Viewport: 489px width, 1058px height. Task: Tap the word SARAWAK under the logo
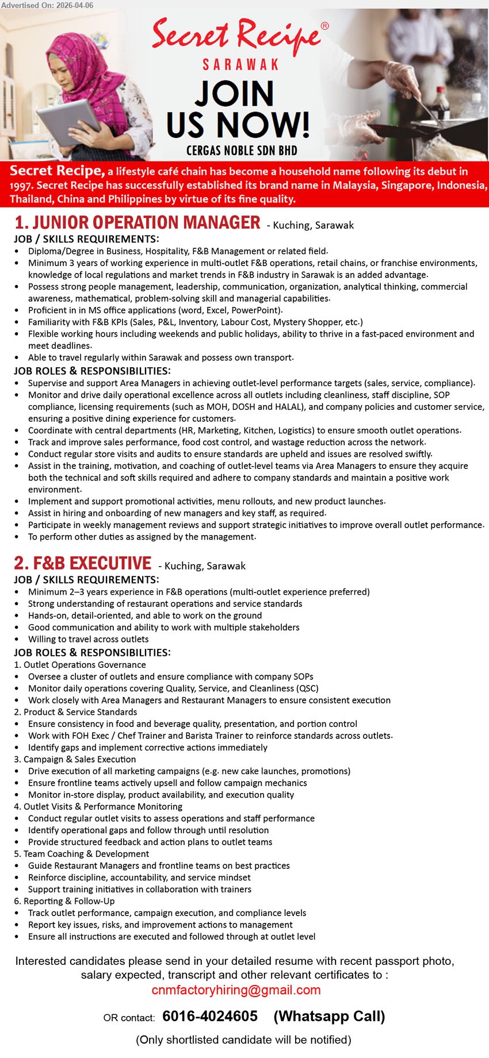point(240,64)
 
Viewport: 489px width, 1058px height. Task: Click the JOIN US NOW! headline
point(238,109)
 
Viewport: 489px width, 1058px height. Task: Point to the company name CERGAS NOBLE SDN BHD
point(242,151)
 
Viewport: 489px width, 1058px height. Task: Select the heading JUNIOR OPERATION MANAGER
point(138,222)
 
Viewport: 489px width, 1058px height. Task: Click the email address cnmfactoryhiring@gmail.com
point(236,990)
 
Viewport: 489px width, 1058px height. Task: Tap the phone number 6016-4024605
point(210,1016)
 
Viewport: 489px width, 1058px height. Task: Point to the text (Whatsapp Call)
point(329,1016)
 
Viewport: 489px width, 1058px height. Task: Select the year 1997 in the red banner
point(21,185)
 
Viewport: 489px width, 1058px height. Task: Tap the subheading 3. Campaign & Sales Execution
point(75,759)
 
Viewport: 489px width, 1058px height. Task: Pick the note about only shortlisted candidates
point(243,1040)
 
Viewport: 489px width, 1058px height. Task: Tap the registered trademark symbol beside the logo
point(324,26)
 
